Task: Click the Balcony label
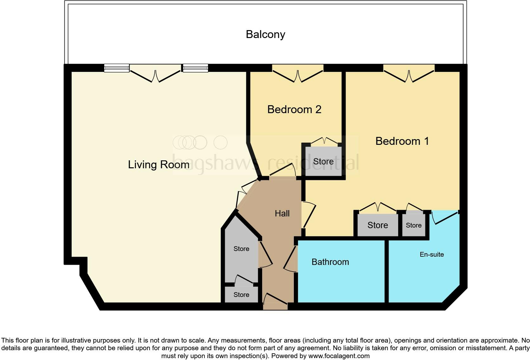click(x=265, y=34)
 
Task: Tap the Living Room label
click(x=158, y=164)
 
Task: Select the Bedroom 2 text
click(x=294, y=109)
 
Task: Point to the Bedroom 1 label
click(x=402, y=141)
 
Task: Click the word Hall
click(x=282, y=214)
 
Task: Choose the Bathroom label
click(x=330, y=262)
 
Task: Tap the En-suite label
click(x=431, y=254)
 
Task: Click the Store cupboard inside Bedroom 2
click(x=323, y=162)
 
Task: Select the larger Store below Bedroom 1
click(x=378, y=225)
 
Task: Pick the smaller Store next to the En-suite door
click(x=414, y=225)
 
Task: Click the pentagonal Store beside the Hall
click(x=241, y=249)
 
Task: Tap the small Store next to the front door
click(x=241, y=295)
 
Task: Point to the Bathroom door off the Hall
click(x=291, y=260)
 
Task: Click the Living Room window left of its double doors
click(x=117, y=68)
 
